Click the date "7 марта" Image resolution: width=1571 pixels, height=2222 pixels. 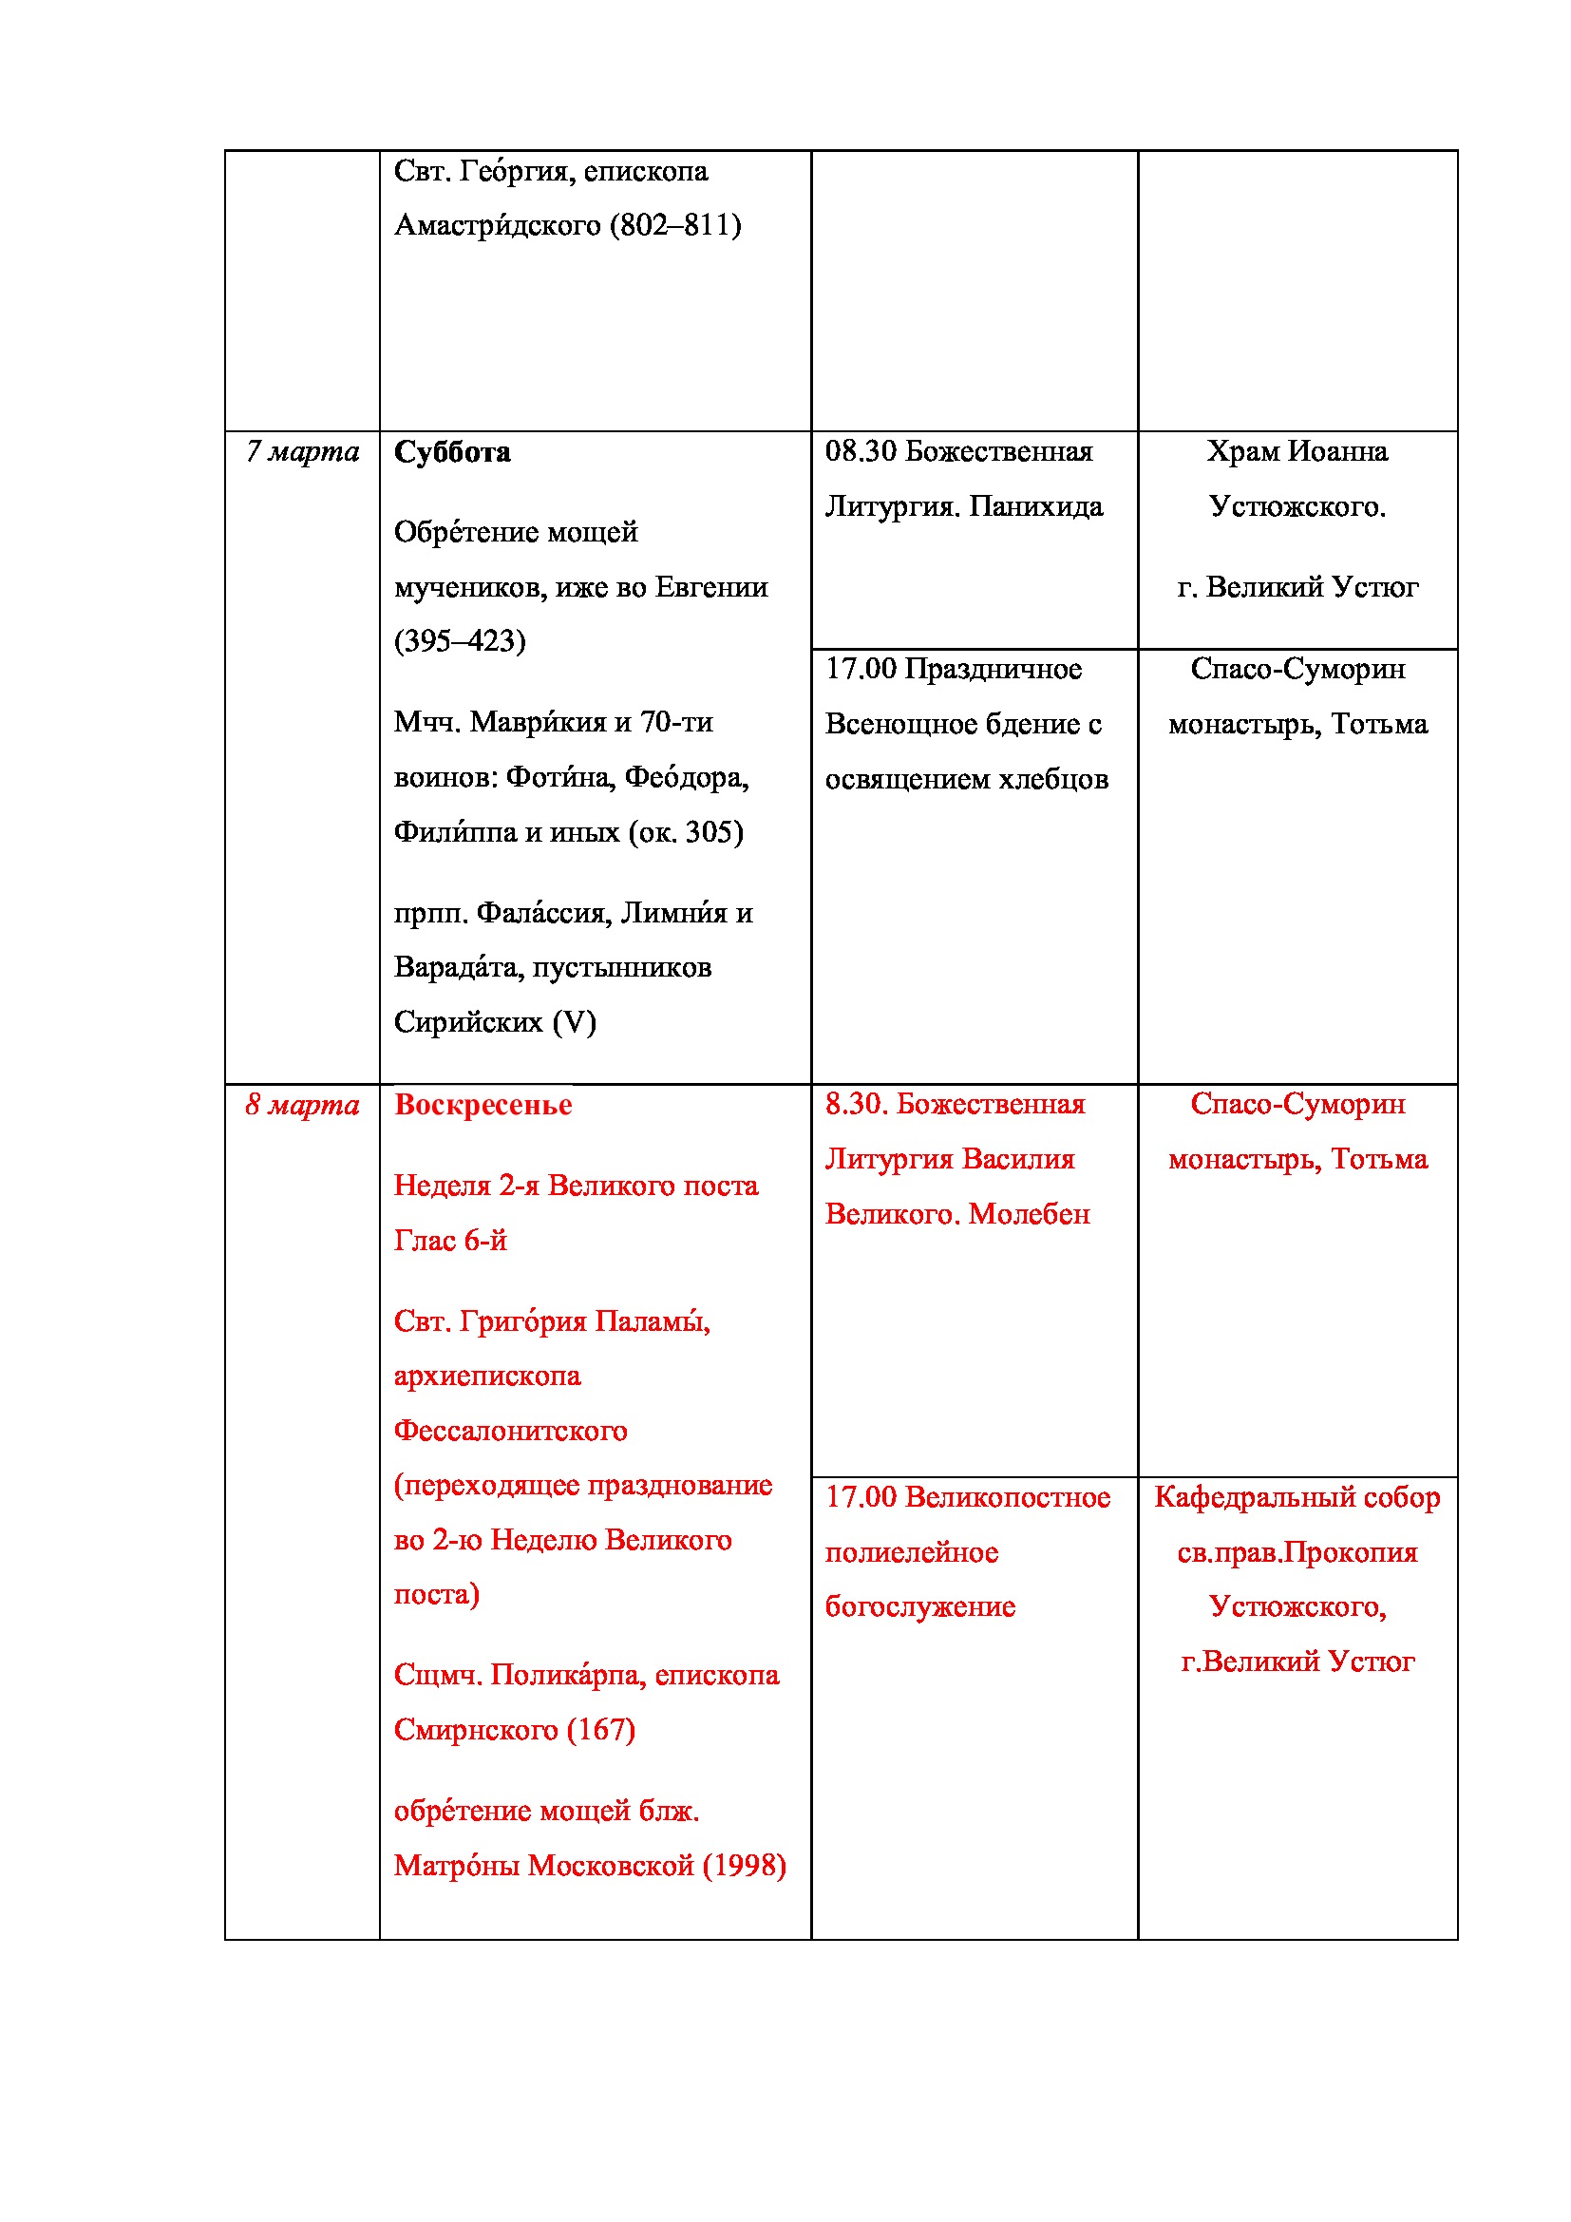pyautogui.click(x=302, y=452)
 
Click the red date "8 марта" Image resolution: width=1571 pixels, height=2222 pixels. pyautogui.click(x=302, y=1105)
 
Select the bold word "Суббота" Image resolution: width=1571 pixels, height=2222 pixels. pyautogui.click(x=452, y=452)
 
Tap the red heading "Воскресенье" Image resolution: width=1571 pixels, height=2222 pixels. pyautogui.click(x=483, y=1105)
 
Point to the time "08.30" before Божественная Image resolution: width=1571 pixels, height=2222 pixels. pyautogui.click(x=861, y=451)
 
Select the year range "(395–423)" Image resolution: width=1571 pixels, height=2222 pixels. pyautogui.click(x=460, y=640)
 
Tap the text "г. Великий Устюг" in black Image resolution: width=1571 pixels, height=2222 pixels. pyautogui.click(x=1297, y=587)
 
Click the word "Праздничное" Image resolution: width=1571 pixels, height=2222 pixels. pyautogui.click(x=993, y=669)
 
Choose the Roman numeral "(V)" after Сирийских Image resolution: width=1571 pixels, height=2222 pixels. pyautogui.click(x=574, y=1022)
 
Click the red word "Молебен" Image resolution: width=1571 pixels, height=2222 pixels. pyautogui.click(x=1030, y=1215)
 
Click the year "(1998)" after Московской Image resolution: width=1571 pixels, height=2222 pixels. pyautogui.click(x=744, y=1866)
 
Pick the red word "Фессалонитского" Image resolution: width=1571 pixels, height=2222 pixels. pyautogui.click(x=510, y=1431)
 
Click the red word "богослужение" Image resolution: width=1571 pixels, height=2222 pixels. pyautogui.click(x=920, y=1607)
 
